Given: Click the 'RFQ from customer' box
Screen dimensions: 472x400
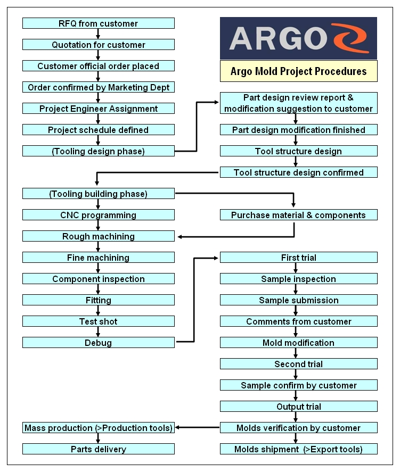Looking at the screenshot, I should [x=98, y=23].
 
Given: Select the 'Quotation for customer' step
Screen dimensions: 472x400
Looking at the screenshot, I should [x=98, y=45].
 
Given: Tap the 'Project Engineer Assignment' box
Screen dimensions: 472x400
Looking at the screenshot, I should [x=98, y=109].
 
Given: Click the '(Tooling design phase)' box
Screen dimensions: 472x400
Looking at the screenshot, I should [x=98, y=151].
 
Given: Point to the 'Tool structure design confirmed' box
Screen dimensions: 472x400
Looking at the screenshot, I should [x=298, y=172].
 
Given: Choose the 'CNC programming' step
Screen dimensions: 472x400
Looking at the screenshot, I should [x=98, y=215].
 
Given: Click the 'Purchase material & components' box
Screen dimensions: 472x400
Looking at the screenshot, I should [x=298, y=215].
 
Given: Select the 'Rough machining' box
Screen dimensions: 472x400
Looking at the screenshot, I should [x=98, y=236].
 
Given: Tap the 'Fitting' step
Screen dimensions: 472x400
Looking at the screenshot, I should [x=98, y=300].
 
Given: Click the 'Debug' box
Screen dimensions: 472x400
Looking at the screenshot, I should [x=98, y=343].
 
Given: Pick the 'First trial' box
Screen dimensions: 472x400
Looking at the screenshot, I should [x=298, y=258].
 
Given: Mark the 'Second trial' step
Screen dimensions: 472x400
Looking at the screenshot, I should [x=298, y=364].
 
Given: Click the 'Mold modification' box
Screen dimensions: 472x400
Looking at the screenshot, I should [x=298, y=343].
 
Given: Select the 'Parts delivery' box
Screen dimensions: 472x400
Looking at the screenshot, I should [x=98, y=449].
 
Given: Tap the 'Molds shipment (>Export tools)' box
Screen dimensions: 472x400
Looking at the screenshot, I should [x=298, y=449].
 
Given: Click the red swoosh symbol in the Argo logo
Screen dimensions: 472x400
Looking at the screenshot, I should [x=348, y=38].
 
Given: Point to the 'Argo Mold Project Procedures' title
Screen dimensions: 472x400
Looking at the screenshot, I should [x=298, y=71].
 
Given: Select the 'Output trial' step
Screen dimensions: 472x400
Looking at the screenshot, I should [x=298, y=407].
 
